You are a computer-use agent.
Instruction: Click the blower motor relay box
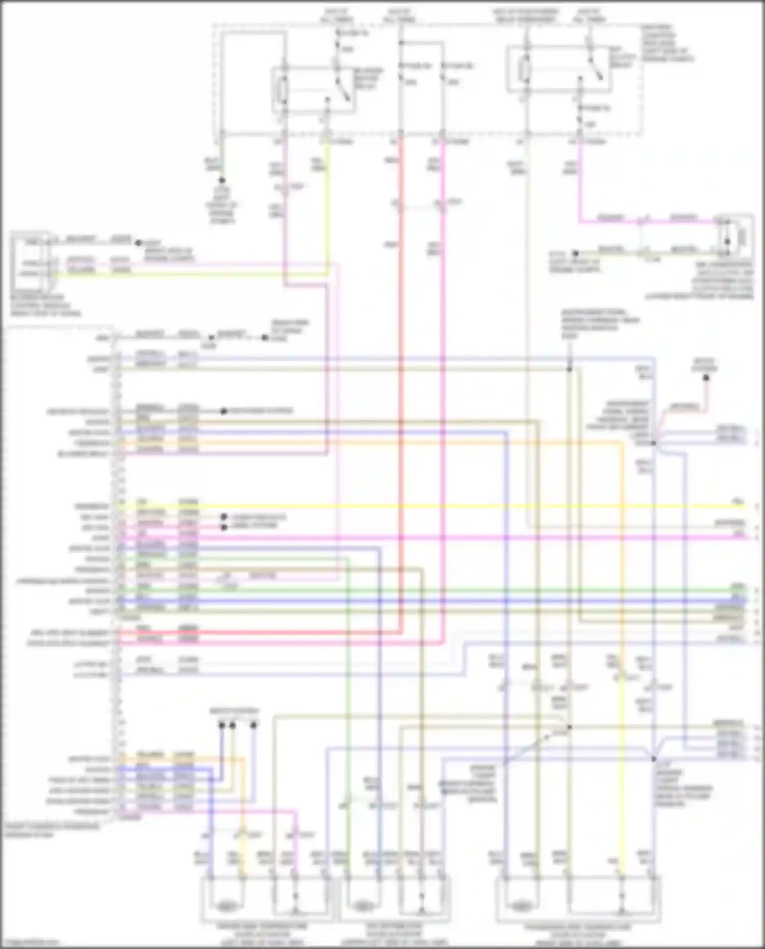(313, 90)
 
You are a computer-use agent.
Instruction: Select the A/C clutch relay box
(559, 69)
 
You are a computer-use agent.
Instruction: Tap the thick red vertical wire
(401, 357)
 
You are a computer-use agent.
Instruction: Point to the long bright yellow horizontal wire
(433, 506)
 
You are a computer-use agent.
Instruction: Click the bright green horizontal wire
(433, 590)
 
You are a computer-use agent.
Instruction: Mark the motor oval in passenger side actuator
(519, 907)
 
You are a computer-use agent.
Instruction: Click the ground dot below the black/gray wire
(222, 181)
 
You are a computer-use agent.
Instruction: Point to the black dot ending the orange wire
(706, 378)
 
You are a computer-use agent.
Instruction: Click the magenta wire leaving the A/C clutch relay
(580, 184)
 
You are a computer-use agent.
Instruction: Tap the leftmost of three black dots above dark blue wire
(222, 725)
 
